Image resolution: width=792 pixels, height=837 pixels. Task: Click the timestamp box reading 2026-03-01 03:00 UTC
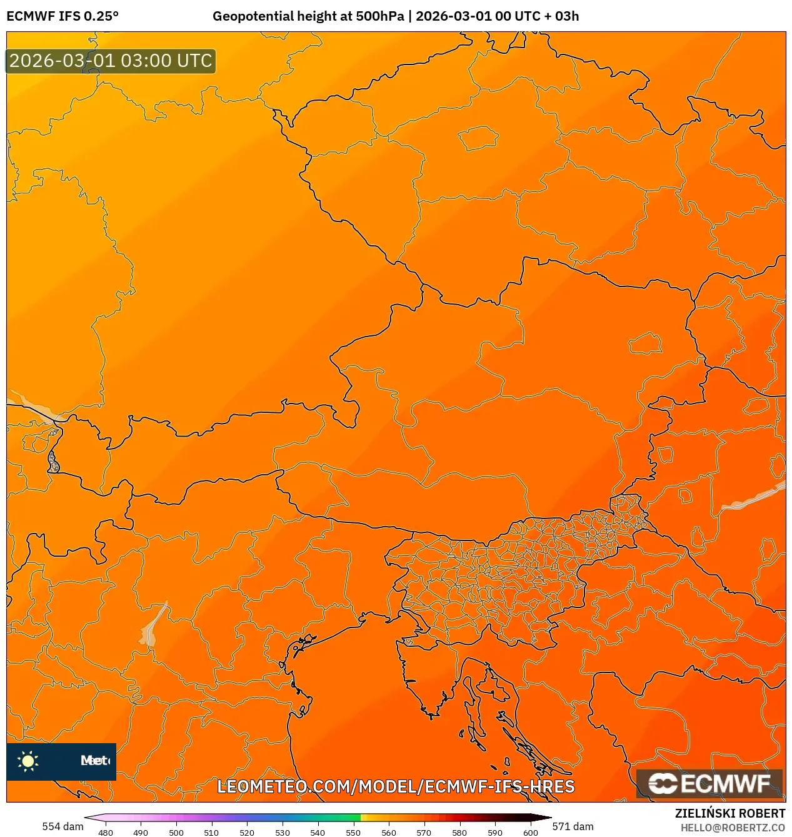pyautogui.click(x=111, y=61)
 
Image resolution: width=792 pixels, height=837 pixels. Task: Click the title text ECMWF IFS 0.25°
pyautogui.click(x=63, y=16)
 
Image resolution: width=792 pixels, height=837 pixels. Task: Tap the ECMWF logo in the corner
pyautogui.click(x=709, y=783)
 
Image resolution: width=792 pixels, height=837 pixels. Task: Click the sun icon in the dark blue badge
pyautogui.click(x=28, y=761)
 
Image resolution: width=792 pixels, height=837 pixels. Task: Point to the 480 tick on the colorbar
pyautogui.click(x=106, y=832)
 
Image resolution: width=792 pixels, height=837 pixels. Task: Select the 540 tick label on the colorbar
pyautogui.click(x=318, y=832)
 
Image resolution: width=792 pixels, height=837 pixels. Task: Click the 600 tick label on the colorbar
pyautogui.click(x=530, y=832)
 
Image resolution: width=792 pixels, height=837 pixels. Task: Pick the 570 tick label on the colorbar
pyautogui.click(x=424, y=832)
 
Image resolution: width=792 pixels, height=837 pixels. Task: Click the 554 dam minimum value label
pyautogui.click(x=63, y=826)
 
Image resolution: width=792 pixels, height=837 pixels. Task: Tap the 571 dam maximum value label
pyautogui.click(x=573, y=826)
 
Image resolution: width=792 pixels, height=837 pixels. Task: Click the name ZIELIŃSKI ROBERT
pyautogui.click(x=729, y=813)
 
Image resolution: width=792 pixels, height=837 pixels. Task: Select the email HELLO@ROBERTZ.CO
pyautogui.click(x=733, y=828)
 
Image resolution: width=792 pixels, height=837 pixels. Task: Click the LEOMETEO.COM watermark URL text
pyautogui.click(x=396, y=786)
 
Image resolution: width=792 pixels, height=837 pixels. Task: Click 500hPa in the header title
pyautogui.click(x=380, y=16)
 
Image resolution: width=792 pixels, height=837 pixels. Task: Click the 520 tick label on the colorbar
pyautogui.click(x=247, y=832)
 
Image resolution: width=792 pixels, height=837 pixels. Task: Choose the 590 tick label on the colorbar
pyautogui.click(x=494, y=832)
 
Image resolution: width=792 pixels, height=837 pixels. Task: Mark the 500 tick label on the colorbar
pyautogui.click(x=176, y=832)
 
